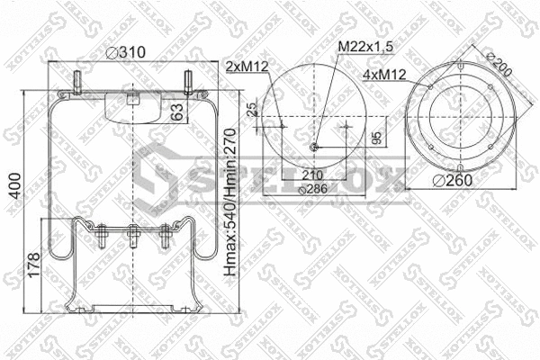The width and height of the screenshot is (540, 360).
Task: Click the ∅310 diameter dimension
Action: [x=126, y=53]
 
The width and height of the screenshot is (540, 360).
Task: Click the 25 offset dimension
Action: [x=252, y=108]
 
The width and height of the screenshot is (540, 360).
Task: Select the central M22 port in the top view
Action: [x=313, y=148]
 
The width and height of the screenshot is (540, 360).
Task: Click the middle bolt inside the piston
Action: [x=132, y=237]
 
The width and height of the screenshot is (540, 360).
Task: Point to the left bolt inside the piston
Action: [x=98, y=238]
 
